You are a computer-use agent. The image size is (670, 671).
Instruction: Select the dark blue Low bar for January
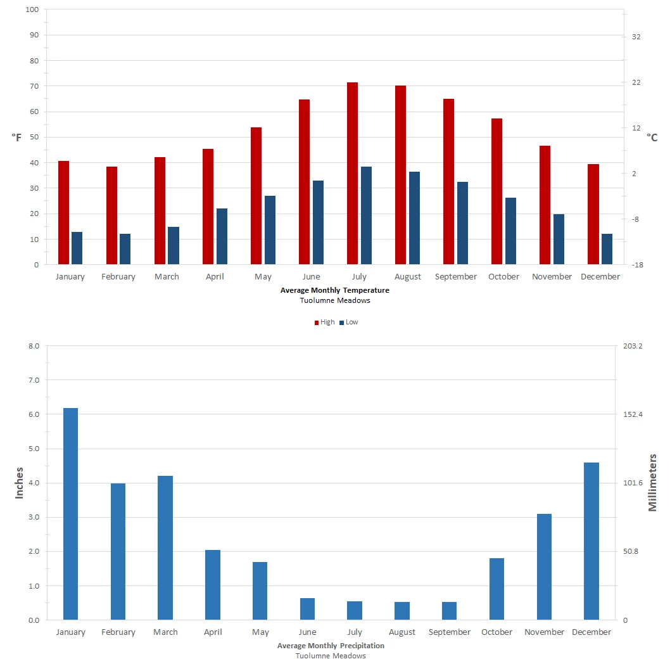(77, 248)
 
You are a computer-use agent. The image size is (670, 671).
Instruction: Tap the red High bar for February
(111, 215)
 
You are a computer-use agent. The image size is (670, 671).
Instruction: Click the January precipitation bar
(70, 514)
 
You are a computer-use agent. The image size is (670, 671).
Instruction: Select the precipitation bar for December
(591, 541)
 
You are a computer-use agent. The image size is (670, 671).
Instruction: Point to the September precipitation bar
(449, 611)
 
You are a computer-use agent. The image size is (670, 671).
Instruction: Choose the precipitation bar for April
(213, 585)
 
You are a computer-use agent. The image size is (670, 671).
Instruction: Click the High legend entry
(324, 322)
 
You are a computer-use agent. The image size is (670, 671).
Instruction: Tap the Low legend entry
(348, 322)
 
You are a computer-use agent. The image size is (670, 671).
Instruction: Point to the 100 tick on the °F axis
(32, 10)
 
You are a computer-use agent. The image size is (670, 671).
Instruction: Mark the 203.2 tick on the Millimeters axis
(633, 346)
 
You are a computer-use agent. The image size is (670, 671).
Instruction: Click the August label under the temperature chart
(408, 277)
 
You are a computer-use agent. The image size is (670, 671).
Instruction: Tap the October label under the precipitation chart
(496, 632)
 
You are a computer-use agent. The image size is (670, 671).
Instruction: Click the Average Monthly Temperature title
(335, 290)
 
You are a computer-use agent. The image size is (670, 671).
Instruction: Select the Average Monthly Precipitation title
(331, 646)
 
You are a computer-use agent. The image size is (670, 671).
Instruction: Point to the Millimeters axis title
(653, 483)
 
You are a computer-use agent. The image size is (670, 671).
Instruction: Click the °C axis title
(652, 137)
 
